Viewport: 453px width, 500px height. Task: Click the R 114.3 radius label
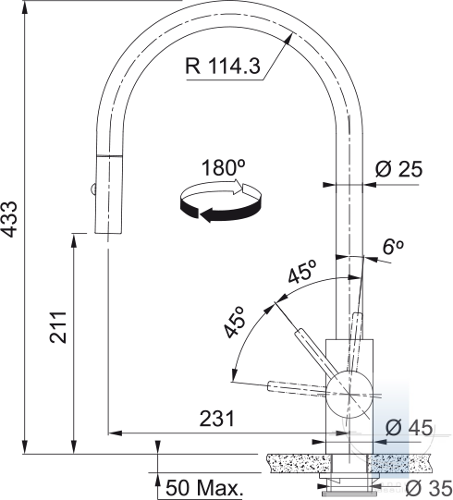point(223,66)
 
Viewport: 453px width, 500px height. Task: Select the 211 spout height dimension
point(58,327)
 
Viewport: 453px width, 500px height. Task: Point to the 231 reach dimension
point(217,419)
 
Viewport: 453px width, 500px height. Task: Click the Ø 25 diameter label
point(398,169)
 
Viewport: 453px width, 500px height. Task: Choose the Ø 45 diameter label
point(410,427)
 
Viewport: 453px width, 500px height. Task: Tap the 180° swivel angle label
point(224,167)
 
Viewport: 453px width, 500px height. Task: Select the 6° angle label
point(393,247)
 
